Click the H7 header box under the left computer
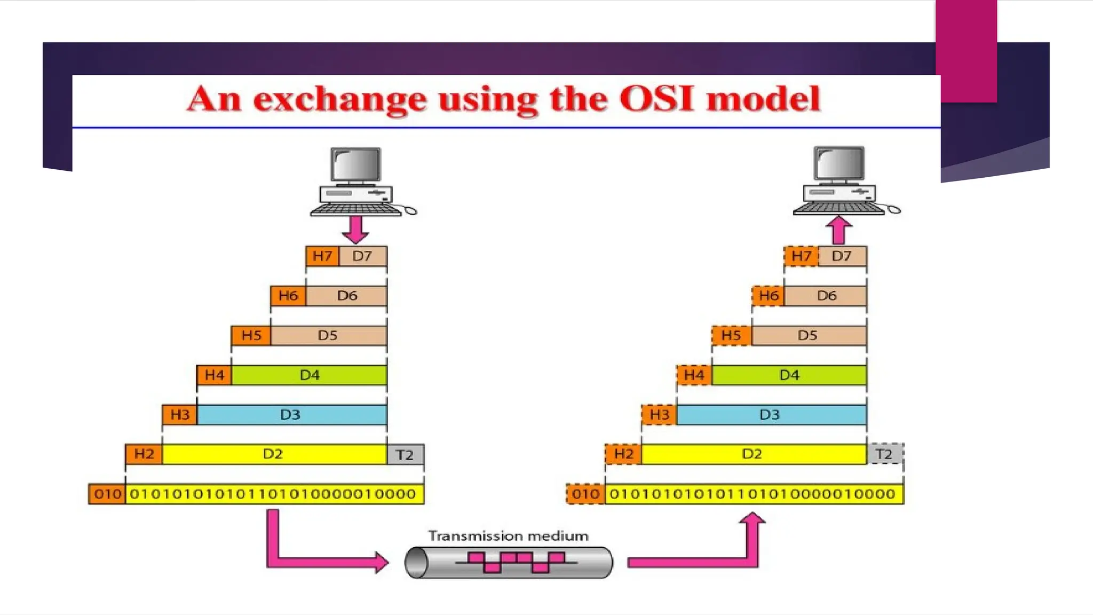(322, 256)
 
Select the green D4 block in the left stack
(309, 375)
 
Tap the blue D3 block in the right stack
(771, 415)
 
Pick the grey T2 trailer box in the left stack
(405, 454)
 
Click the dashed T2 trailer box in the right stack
(884, 454)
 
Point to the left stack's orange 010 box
(107, 494)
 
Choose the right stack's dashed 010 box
(585, 494)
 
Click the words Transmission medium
(508, 535)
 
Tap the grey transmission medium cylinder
(508, 562)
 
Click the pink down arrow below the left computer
(355, 229)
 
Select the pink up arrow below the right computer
(838, 230)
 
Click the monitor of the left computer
(355, 165)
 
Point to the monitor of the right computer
(838, 163)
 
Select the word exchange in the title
(339, 100)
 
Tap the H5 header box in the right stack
(731, 335)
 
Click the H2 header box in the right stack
(623, 454)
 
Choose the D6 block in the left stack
(346, 296)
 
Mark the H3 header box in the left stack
(180, 415)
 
